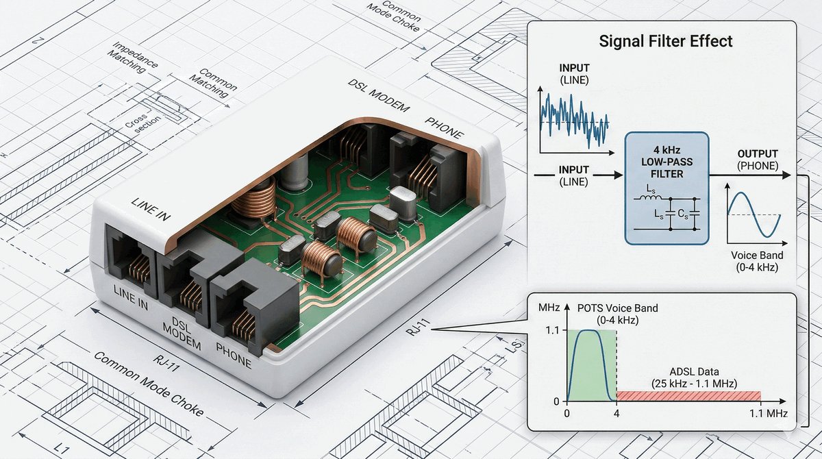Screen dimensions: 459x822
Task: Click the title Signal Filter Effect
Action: coord(666,41)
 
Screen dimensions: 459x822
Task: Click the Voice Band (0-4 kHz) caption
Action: coord(753,260)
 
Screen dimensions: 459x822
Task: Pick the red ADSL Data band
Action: coord(688,395)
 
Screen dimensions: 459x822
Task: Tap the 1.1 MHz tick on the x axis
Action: coord(768,414)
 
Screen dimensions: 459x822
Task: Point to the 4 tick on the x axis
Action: coord(616,414)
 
